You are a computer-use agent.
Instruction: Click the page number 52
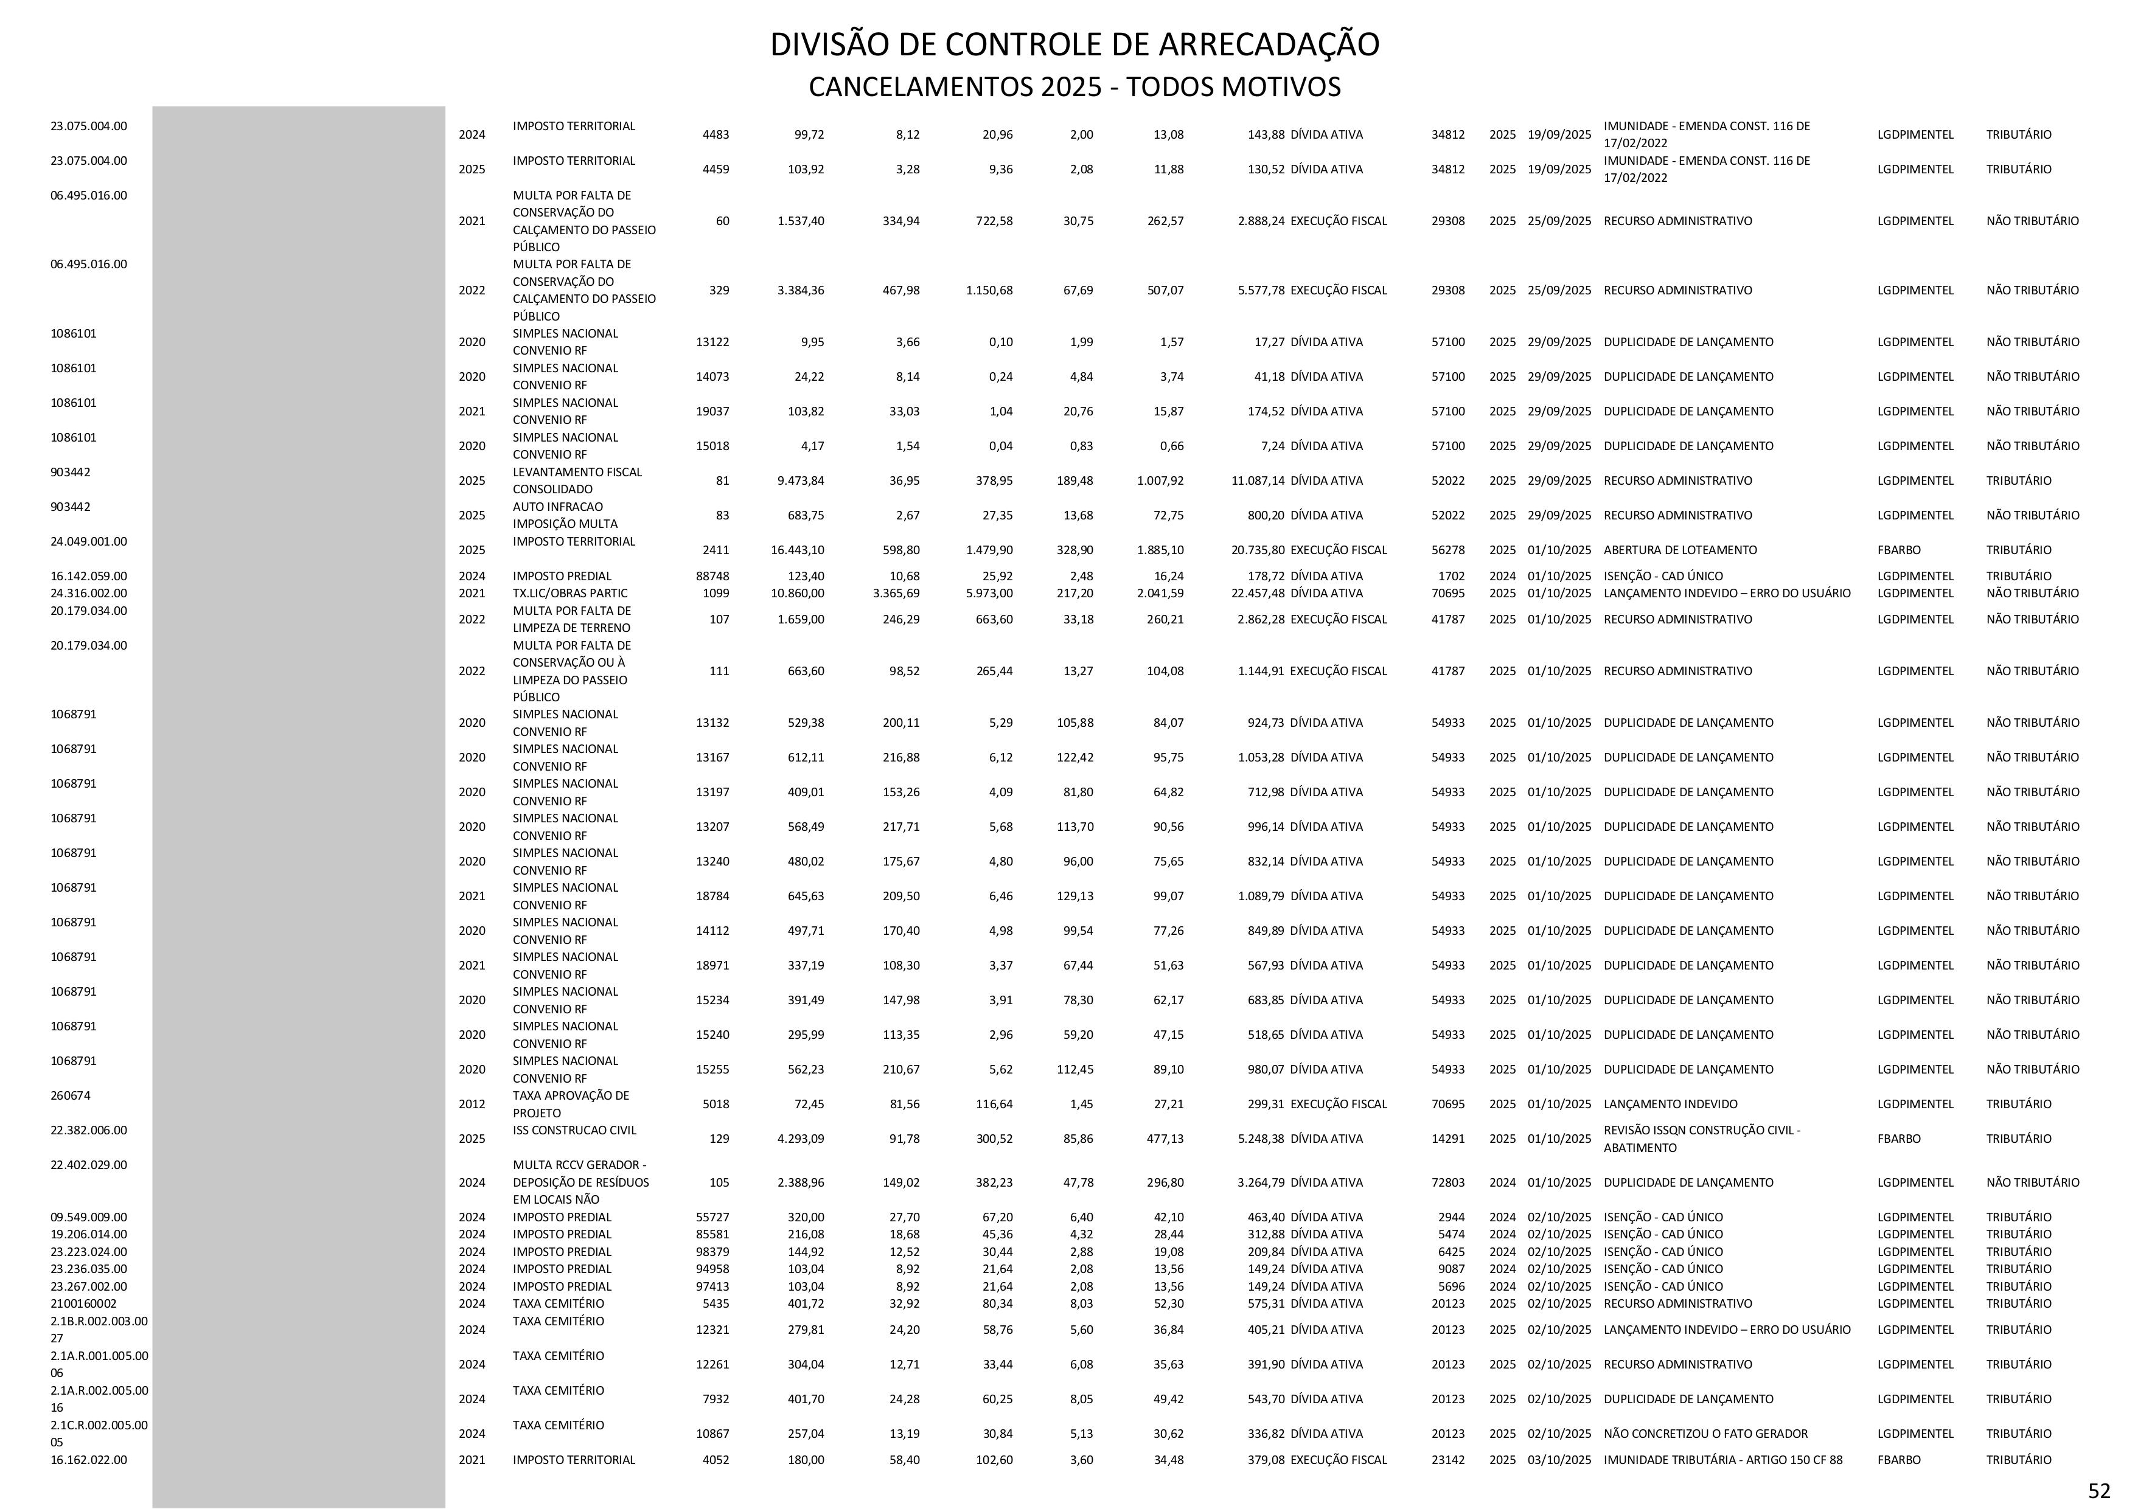pyautogui.click(x=2098, y=1490)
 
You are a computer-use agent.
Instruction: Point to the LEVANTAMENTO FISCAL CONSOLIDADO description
pyautogui.click(x=577, y=480)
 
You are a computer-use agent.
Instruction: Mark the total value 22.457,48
pyautogui.click(x=1257, y=593)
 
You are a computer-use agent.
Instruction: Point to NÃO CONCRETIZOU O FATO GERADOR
pyautogui.click(x=1705, y=1434)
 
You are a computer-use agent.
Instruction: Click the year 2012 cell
pyautogui.click(x=472, y=1105)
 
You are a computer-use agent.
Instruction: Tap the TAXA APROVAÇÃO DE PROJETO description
pyautogui.click(x=570, y=1105)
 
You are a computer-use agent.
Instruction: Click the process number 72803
pyautogui.click(x=1448, y=1182)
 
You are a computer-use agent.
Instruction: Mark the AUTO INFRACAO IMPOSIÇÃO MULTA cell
pyautogui.click(x=565, y=515)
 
